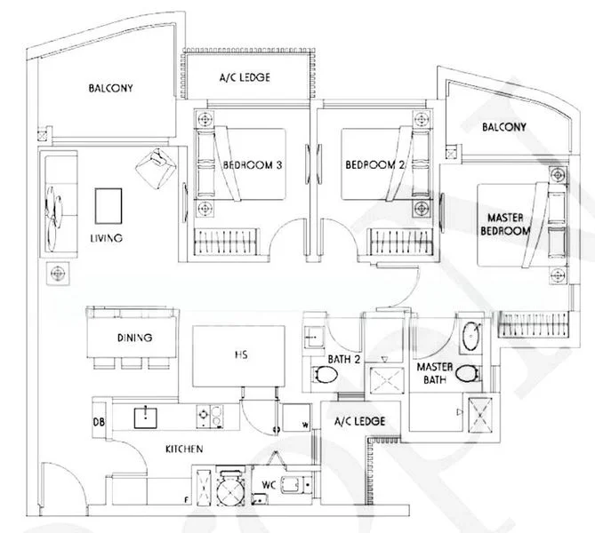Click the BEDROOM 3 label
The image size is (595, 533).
pyautogui.click(x=253, y=165)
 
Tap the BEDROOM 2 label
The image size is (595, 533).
pyautogui.click(x=375, y=165)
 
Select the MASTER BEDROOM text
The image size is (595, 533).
pyautogui.click(x=504, y=225)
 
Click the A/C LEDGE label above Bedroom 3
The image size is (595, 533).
pyautogui.click(x=245, y=77)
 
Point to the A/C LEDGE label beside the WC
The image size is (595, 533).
pyautogui.click(x=359, y=421)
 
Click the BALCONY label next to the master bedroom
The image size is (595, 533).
pyautogui.click(x=504, y=127)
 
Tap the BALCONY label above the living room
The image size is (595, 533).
pyautogui.click(x=111, y=88)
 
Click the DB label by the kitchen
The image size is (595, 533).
pyautogui.click(x=99, y=422)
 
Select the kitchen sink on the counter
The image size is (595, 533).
pyautogui.click(x=146, y=418)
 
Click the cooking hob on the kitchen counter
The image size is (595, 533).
pyautogui.click(x=210, y=417)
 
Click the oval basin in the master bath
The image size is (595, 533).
pyautogui.click(x=471, y=337)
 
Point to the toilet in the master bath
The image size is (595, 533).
pyautogui.click(x=468, y=374)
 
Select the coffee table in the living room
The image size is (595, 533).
pyautogui.click(x=109, y=206)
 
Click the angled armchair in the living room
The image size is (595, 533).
pyautogui.click(x=156, y=168)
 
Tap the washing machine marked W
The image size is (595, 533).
pyautogui.click(x=296, y=418)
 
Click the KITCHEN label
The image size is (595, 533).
pyautogui.click(x=184, y=449)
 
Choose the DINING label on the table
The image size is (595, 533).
pyautogui.click(x=134, y=338)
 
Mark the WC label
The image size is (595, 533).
pyautogui.click(x=269, y=485)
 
